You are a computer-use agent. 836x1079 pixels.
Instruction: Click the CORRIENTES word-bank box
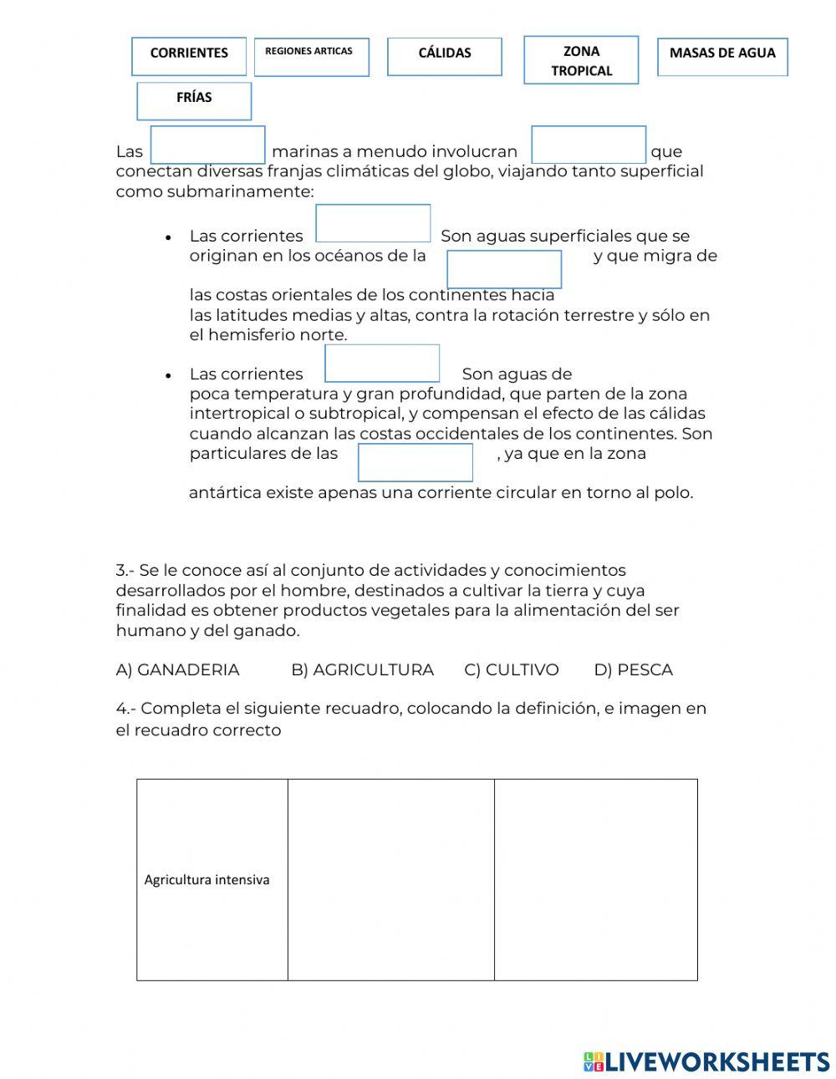pos(189,56)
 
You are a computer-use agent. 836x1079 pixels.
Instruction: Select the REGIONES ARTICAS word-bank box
pos(311,57)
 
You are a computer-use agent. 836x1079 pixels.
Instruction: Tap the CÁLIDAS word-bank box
pos(445,56)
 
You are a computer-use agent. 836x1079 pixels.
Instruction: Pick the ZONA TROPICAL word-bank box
pos(581,60)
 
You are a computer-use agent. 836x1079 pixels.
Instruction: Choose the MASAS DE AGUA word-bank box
pos(722,56)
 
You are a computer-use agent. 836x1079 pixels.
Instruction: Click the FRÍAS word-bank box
pos(194,101)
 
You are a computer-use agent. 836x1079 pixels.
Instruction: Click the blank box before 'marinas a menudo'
pos(208,145)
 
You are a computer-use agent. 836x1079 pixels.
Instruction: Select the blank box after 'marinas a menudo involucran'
pos(589,145)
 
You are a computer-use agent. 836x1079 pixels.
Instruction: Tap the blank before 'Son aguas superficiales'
pos(373,223)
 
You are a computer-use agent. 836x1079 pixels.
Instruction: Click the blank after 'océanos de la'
pos(504,269)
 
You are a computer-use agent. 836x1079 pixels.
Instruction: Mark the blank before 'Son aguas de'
pos(382,364)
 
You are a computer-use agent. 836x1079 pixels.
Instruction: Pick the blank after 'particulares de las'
pos(415,462)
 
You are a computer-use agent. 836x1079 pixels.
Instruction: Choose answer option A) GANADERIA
pos(177,669)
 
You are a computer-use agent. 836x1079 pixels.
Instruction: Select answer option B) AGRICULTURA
pos(362,669)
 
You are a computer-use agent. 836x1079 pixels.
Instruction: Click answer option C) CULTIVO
pos(511,669)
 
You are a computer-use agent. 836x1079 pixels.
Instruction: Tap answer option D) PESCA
pos(633,669)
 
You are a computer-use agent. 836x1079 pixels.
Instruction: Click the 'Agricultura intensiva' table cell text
pos(206,879)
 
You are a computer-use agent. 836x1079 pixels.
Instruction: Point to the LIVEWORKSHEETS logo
pos(706,1061)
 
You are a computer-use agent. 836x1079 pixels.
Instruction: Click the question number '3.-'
pos(125,571)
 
